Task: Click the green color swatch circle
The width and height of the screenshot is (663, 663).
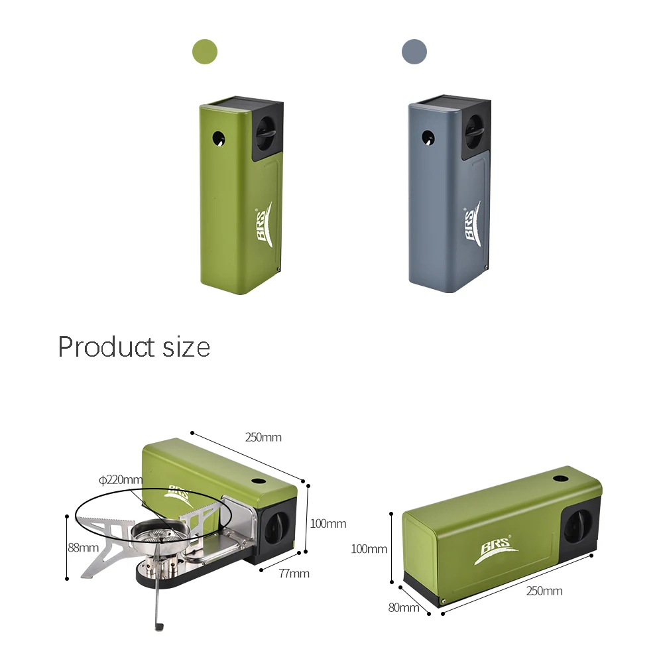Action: pyautogui.click(x=205, y=52)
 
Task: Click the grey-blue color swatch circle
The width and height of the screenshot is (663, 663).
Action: pyautogui.click(x=414, y=52)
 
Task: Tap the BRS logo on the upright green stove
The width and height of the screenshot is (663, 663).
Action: pyautogui.click(x=264, y=224)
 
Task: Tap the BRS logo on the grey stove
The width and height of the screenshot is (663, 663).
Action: pyautogui.click(x=472, y=223)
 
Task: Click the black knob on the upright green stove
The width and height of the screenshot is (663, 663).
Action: pyautogui.click(x=267, y=131)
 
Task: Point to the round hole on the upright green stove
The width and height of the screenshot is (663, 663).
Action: pyautogui.click(x=219, y=139)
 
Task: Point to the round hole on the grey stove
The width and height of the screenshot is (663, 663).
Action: pyautogui.click(x=428, y=137)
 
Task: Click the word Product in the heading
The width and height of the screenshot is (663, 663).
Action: pyautogui.click(x=105, y=347)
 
